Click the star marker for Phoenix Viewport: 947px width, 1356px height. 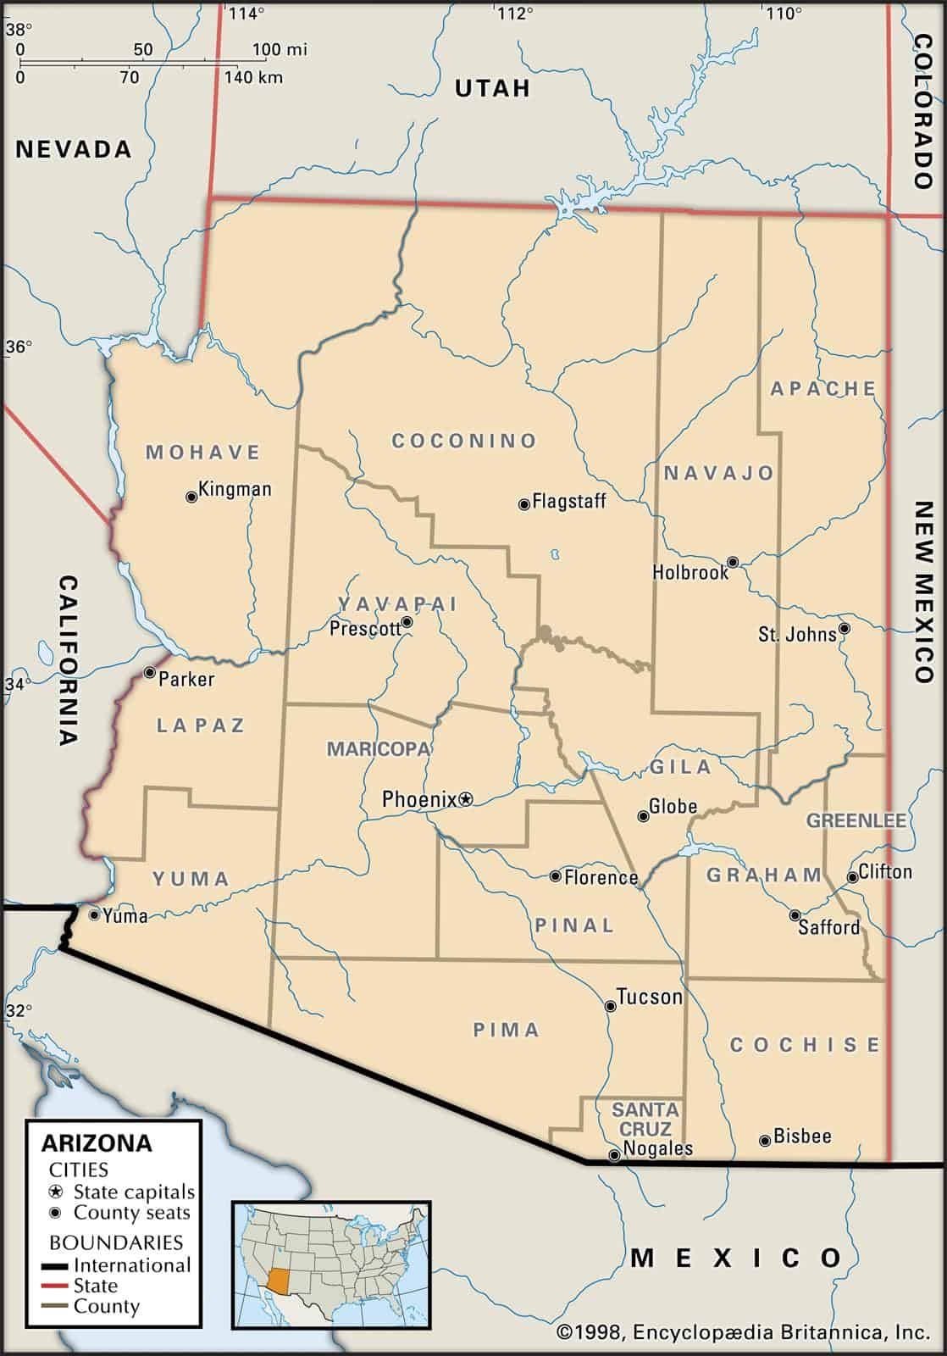point(465,798)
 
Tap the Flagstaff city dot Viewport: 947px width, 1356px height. point(524,504)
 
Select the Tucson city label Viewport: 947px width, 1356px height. point(649,997)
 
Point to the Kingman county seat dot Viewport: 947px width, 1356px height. point(191,497)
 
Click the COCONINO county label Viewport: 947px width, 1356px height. point(464,441)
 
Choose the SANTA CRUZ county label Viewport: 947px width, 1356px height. point(645,1119)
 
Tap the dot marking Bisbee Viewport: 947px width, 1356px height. point(765,1141)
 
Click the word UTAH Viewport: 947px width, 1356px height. point(492,88)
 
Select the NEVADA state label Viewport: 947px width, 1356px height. point(74,150)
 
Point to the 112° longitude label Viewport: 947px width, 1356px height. point(515,13)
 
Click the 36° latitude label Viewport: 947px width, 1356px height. point(19,347)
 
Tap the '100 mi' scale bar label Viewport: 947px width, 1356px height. point(280,49)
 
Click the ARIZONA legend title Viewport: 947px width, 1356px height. point(97,1143)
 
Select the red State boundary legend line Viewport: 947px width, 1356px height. point(56,1287)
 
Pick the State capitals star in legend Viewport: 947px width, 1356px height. point(57,1192)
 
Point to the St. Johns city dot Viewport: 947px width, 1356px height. point(844,630)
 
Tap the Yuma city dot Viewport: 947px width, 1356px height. point(94,914)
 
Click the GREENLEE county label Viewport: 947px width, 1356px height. point(856,820)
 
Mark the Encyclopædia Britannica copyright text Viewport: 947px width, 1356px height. point(743,1332)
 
